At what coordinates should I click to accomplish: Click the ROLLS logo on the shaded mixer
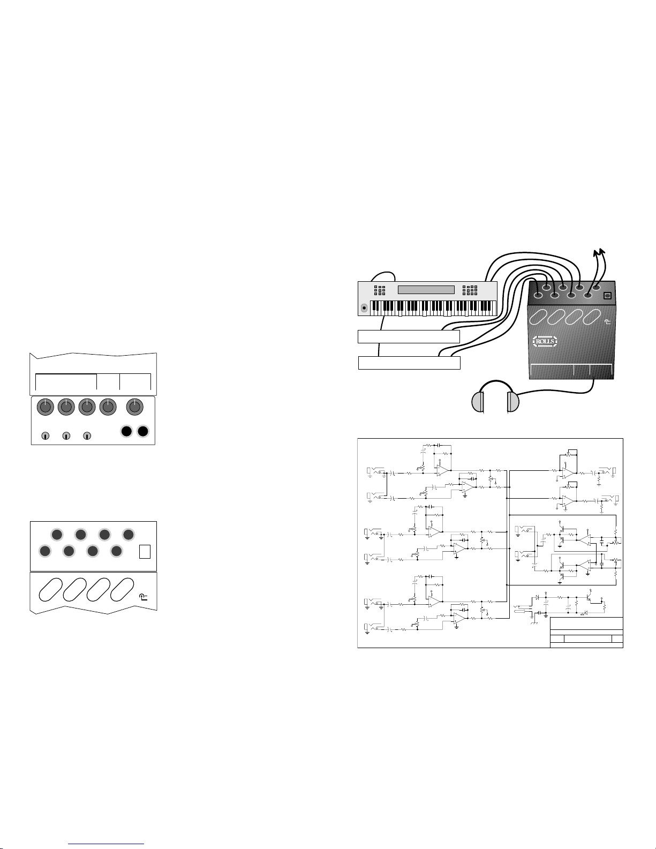(545, 341)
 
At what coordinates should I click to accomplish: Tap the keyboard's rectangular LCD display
(426, 290)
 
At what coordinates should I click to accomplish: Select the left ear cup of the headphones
(478, 402)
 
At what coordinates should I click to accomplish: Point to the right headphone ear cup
(513, 402)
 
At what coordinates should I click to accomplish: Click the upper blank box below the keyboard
(409, 336)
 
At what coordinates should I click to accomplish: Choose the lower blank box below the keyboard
(409, 363)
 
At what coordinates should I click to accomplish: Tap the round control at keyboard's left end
(365, 307)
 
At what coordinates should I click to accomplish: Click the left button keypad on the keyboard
(379, 290)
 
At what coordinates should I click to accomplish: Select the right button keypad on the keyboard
(470, 290)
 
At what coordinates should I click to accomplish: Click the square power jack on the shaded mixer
(607, 296)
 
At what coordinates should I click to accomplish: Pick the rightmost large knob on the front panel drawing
(134, 408)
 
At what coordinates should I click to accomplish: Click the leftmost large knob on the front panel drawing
(46, 408)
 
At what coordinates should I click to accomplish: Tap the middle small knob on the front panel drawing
(66, 436)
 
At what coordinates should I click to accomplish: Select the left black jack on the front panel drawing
(126, 432)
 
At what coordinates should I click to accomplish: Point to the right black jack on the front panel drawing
(142, 432)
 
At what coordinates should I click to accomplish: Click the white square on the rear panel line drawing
(145, 551)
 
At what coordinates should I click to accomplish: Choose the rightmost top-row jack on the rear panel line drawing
(128, 534)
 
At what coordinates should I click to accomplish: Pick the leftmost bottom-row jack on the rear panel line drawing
(45, 551)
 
